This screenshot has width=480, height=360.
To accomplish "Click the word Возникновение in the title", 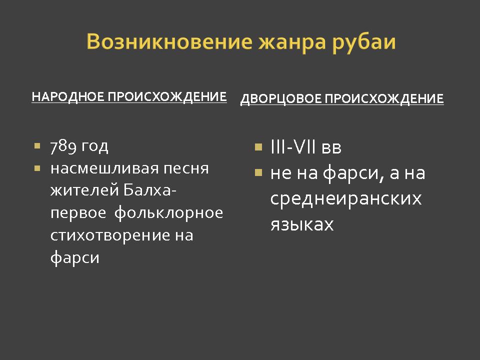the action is point(169,41).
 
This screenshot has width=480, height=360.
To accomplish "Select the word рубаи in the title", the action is point(363,42).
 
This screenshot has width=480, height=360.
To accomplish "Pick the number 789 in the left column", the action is point(63,146).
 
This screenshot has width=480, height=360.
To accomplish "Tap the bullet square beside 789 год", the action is point(37,145).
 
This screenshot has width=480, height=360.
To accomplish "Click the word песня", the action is point(186,168).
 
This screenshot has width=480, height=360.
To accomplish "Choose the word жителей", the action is point(84,190).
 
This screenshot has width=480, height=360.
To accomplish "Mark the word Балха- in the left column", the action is point(149,190).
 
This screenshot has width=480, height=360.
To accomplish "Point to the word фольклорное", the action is point(168,213).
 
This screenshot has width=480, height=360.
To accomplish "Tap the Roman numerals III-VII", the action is point(293,146).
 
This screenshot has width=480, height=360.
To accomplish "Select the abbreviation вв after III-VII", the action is point(331,148).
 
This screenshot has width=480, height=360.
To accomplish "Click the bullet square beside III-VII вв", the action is point(258,147).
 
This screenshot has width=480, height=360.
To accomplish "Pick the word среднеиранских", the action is point(346,199).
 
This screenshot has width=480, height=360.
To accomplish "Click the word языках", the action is point(302,224).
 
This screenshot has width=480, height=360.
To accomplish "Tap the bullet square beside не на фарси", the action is point(258,172).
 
